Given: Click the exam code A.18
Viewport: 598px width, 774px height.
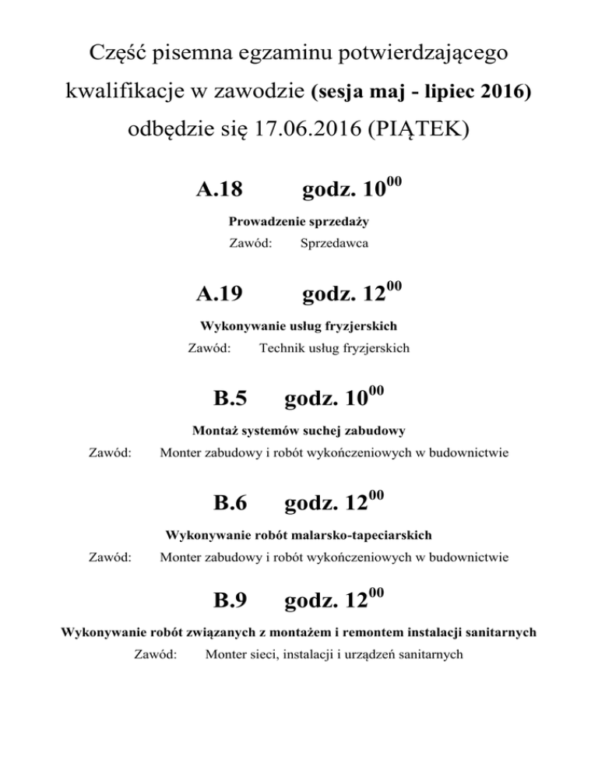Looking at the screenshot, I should coord(219,188).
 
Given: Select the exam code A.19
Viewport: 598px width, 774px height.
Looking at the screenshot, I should coord(219,294).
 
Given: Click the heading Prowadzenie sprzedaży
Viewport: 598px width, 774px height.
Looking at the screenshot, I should coord(298,221).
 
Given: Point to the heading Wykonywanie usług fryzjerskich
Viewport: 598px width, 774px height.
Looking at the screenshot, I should coord(298,326).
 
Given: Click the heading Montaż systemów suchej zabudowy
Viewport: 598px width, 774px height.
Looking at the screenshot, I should coord(298,430).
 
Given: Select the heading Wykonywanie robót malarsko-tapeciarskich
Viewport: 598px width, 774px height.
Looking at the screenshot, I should coord(298,535).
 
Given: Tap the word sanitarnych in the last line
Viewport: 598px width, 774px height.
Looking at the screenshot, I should coord(424,655).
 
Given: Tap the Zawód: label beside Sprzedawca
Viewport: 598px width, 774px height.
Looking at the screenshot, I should coord(250,244).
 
